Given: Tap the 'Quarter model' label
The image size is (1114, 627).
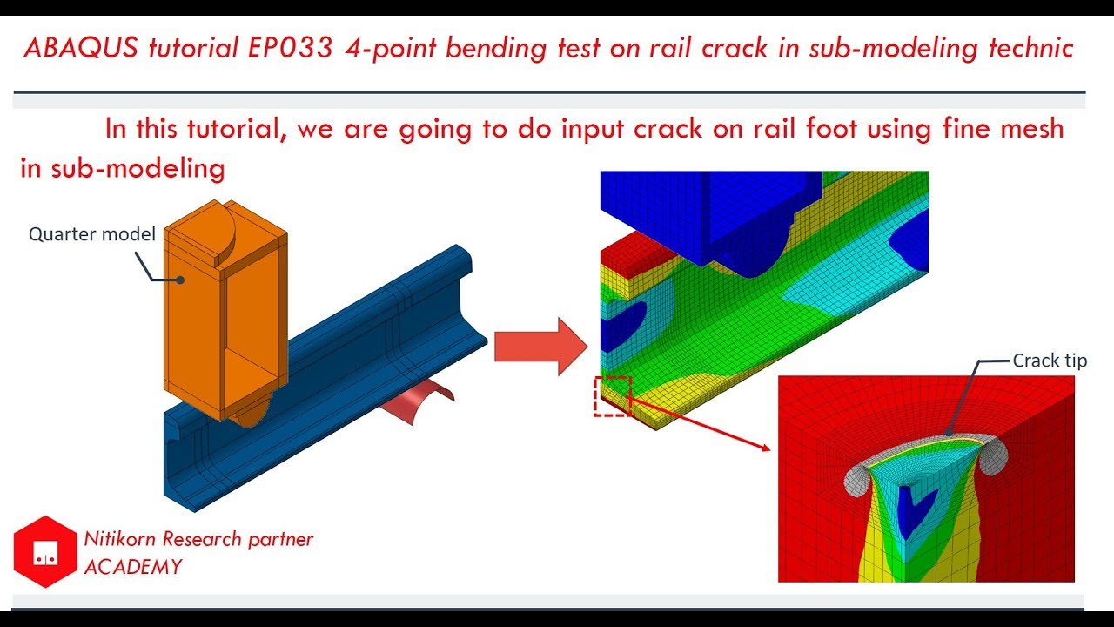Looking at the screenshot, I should click(x=91, y=233).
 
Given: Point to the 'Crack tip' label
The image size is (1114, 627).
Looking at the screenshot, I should click(x=1050, y=361).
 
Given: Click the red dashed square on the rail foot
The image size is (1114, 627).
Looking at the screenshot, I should click(x=612, y=395).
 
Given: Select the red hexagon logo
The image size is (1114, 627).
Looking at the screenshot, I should click(x=45, y=551).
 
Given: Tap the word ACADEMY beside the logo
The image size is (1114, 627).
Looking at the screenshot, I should click(x=133, y=567).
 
